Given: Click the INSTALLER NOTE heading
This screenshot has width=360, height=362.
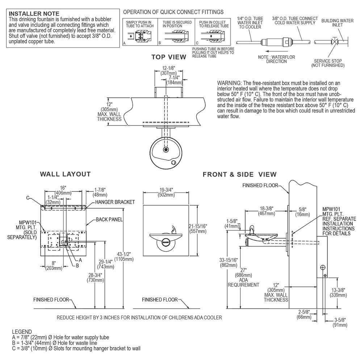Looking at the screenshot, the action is [x=34, y=14].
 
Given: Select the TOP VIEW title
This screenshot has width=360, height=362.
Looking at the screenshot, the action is [x=169, y=57].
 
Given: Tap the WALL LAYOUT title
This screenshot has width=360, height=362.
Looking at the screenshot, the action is [x=65, y=174].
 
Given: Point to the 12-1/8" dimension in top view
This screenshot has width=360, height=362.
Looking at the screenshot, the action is [x=168, y=71].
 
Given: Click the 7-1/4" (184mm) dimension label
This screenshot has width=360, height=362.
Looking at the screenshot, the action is [x=174, y=80].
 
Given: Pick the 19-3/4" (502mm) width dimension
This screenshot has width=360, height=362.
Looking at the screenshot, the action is [x=166, y=192].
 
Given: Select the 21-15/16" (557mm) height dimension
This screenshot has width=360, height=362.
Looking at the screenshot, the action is [x=198, y=228].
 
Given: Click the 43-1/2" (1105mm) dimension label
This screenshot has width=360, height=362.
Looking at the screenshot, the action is [x=124, y=257].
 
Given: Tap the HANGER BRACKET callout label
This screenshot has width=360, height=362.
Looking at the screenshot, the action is [x=115, y=202].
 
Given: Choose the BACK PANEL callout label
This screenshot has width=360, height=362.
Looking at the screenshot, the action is [x=109, y=219].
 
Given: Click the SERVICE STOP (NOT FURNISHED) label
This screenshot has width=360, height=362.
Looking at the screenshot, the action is [x=328, y=63].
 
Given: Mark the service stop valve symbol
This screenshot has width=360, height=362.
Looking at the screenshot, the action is [x=334, y=42].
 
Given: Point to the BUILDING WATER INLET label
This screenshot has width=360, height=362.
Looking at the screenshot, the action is [x=338, y=22].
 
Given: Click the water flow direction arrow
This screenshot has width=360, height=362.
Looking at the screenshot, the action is [x=277, y=51].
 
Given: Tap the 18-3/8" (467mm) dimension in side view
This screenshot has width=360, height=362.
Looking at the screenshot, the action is [x=267, y=211].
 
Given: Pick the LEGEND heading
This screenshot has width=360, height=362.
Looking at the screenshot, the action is [x=22, y=332].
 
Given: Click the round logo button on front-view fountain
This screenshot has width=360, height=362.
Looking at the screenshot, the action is [x=166, y=243].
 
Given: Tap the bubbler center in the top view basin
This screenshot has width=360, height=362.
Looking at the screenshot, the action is [x=166, y=150].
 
